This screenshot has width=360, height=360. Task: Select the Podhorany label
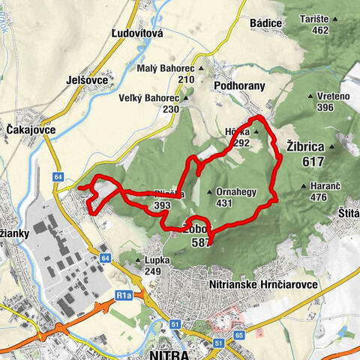239,86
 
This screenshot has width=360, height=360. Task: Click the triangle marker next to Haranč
302,186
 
